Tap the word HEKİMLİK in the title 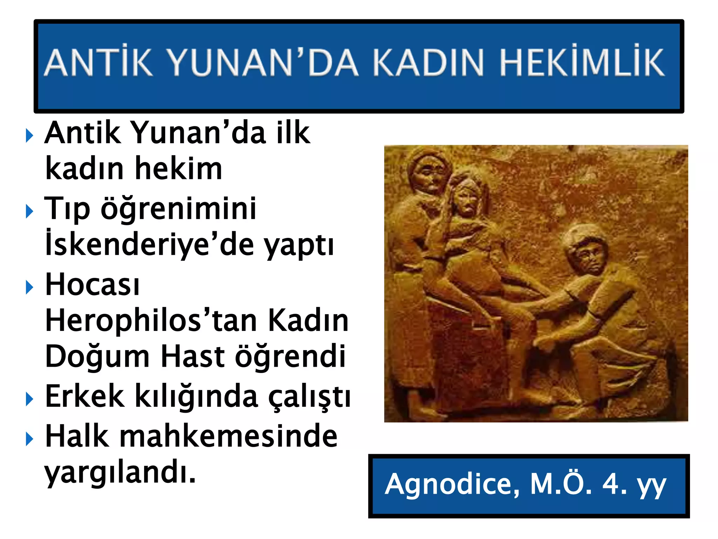pos(582,62)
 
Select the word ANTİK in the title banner pos(99,62)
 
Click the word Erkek pos(84,397)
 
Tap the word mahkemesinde pos(228,436)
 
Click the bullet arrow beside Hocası pos(30,287)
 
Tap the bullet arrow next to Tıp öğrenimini pos(30,211)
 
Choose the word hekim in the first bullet pos(178,169)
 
